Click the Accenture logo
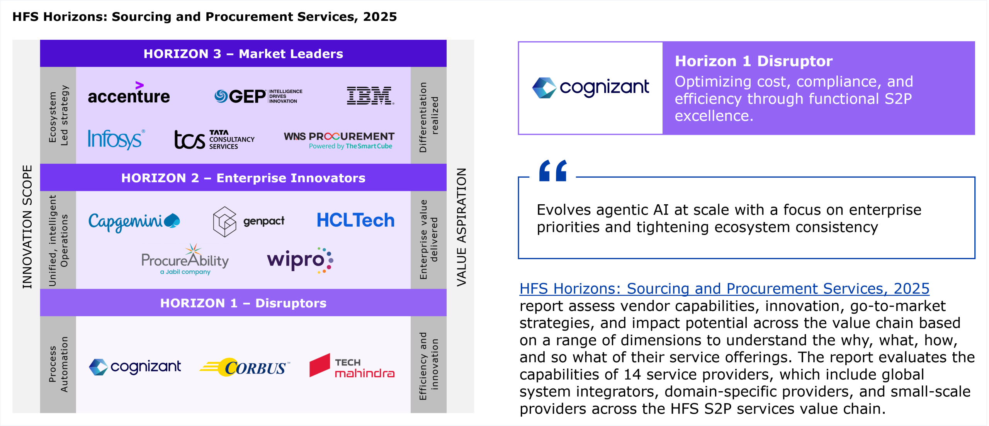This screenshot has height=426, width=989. coord(129,93)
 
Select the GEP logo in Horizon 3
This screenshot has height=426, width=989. coord(258,96)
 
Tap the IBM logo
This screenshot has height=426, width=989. coord(370,96)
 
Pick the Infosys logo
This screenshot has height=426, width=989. coord(116,139)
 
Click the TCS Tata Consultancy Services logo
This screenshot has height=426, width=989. coord(214,139)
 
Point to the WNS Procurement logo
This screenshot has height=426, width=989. coord(339,141)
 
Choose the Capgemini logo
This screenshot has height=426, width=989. coord(134,222)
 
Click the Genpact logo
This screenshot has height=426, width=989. coord(249,221)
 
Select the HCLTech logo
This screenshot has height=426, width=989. coord(356,220)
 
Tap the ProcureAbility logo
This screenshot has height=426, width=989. coord(185,259)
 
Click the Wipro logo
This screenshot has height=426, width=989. coord(300,260)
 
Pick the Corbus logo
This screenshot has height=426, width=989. coord(245,367)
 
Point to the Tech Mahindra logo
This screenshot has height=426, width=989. coord(352,366)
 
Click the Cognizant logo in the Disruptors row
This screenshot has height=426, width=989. coord(135,367)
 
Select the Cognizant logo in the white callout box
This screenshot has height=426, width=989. coord(591,88)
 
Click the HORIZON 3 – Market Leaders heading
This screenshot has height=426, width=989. coord(243,54)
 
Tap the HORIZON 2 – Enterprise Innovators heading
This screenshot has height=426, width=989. coord(243,178)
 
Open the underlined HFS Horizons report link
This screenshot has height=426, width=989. coord(724,289)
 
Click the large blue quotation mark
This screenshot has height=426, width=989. coord(553,170)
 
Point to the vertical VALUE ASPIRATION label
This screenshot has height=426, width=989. coord(462,227)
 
